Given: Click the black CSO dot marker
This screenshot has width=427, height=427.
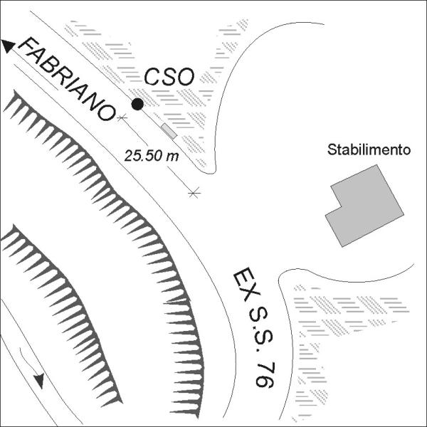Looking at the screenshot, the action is point(137,104).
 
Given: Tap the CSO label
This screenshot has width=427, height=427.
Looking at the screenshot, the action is point(169,77).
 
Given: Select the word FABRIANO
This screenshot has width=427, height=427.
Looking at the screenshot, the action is point(66,79).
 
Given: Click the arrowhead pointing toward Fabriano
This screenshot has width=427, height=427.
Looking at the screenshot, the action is point(8,46).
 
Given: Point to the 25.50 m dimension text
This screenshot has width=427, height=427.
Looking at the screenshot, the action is point(152,156).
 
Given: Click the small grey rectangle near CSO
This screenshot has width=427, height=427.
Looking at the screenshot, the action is point(169,131).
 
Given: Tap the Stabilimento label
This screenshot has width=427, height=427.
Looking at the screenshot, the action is point(369,149).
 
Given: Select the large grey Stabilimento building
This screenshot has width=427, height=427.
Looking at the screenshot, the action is point(364,206).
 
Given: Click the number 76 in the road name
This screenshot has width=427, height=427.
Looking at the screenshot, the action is point(265,374).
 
